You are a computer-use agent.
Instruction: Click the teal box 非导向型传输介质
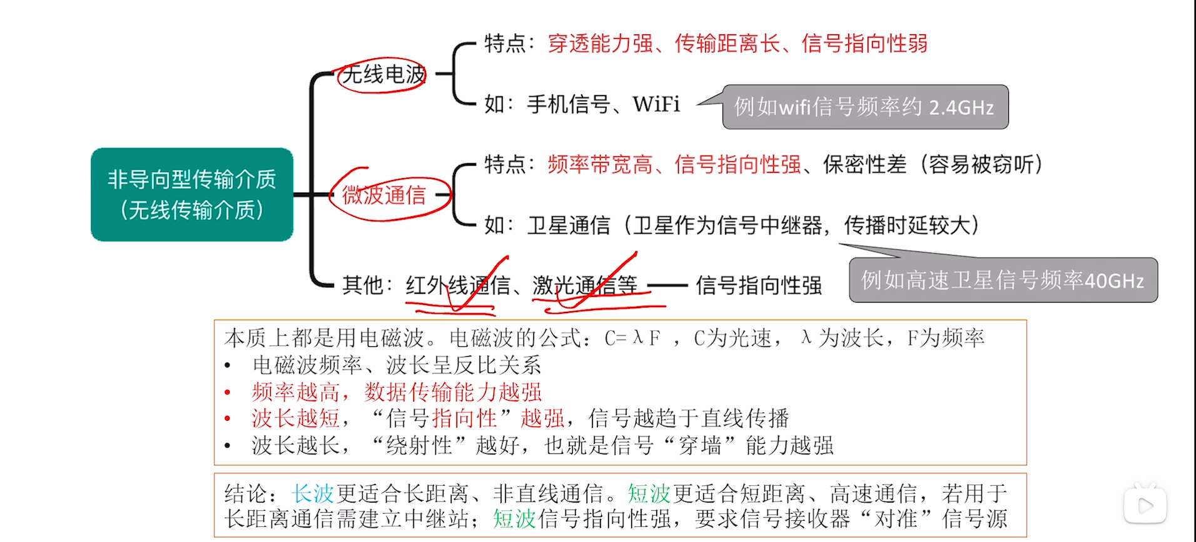click(x=191, y=194)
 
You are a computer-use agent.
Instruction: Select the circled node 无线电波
click(x=383, y=75)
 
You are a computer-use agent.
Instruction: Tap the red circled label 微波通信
click(x=383, y=195)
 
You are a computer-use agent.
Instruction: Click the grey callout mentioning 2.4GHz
click(x=864, y=107)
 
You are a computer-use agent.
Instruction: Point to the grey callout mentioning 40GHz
click(x=1003, y=281)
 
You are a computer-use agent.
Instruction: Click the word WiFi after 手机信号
click(x=656, y=104)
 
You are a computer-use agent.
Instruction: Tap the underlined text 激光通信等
click(x=585, y=286)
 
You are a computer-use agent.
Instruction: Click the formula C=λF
click(x=632, y=338)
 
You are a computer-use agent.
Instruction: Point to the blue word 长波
click(x=313, y=494)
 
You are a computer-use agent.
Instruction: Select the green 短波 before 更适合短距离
click(x=649, y=494)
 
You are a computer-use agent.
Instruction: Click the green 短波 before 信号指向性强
click(x=514, y=519)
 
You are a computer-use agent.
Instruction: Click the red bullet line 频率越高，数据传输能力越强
click(x=397, y=392)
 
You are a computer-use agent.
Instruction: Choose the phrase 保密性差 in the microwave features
click(x=864, y=164)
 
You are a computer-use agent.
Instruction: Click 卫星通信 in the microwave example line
click(x=569, y=225)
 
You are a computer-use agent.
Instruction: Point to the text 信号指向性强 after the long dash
click(x=759, y=286)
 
